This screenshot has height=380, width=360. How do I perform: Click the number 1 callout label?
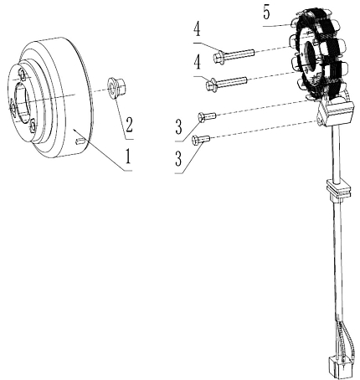(128, 157)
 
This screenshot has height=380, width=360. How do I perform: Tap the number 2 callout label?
(128, 125)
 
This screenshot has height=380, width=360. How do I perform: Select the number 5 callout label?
(266, 13)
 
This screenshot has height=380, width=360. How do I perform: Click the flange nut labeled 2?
(116, 88)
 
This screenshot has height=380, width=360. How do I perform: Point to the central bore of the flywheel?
(21, 101)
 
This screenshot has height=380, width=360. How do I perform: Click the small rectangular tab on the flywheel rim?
(80, 141)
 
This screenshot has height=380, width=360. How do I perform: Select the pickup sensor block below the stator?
(336, 112)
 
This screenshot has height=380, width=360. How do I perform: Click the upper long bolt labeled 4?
(234, 55)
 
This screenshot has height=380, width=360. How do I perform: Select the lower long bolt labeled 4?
(227, 83)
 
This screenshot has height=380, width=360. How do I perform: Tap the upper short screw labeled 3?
(207, 116)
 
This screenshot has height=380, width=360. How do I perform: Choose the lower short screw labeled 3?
(201, 139)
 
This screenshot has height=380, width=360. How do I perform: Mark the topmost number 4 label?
(198, 30)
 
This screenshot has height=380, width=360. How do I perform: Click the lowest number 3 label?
(178, 158)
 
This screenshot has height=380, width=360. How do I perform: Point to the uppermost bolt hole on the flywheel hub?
(22, 74)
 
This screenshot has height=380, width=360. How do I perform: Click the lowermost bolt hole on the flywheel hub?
(33, 125)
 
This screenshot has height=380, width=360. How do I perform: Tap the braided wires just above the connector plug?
(345, 341)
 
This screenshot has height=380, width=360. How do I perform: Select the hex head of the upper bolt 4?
(218, 58)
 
